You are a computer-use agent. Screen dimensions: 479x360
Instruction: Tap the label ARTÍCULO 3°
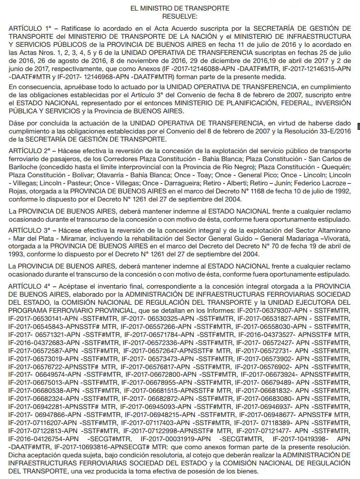pyautogui.click(x=30, y=230)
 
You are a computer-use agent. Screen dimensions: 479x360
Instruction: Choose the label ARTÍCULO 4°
pyautogui.click(x=30, y=286)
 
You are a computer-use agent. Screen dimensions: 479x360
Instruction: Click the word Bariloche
pyautogui.click(x=23, y=167)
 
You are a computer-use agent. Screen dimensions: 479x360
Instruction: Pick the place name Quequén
pyautogui.click(x=334, y=167)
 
